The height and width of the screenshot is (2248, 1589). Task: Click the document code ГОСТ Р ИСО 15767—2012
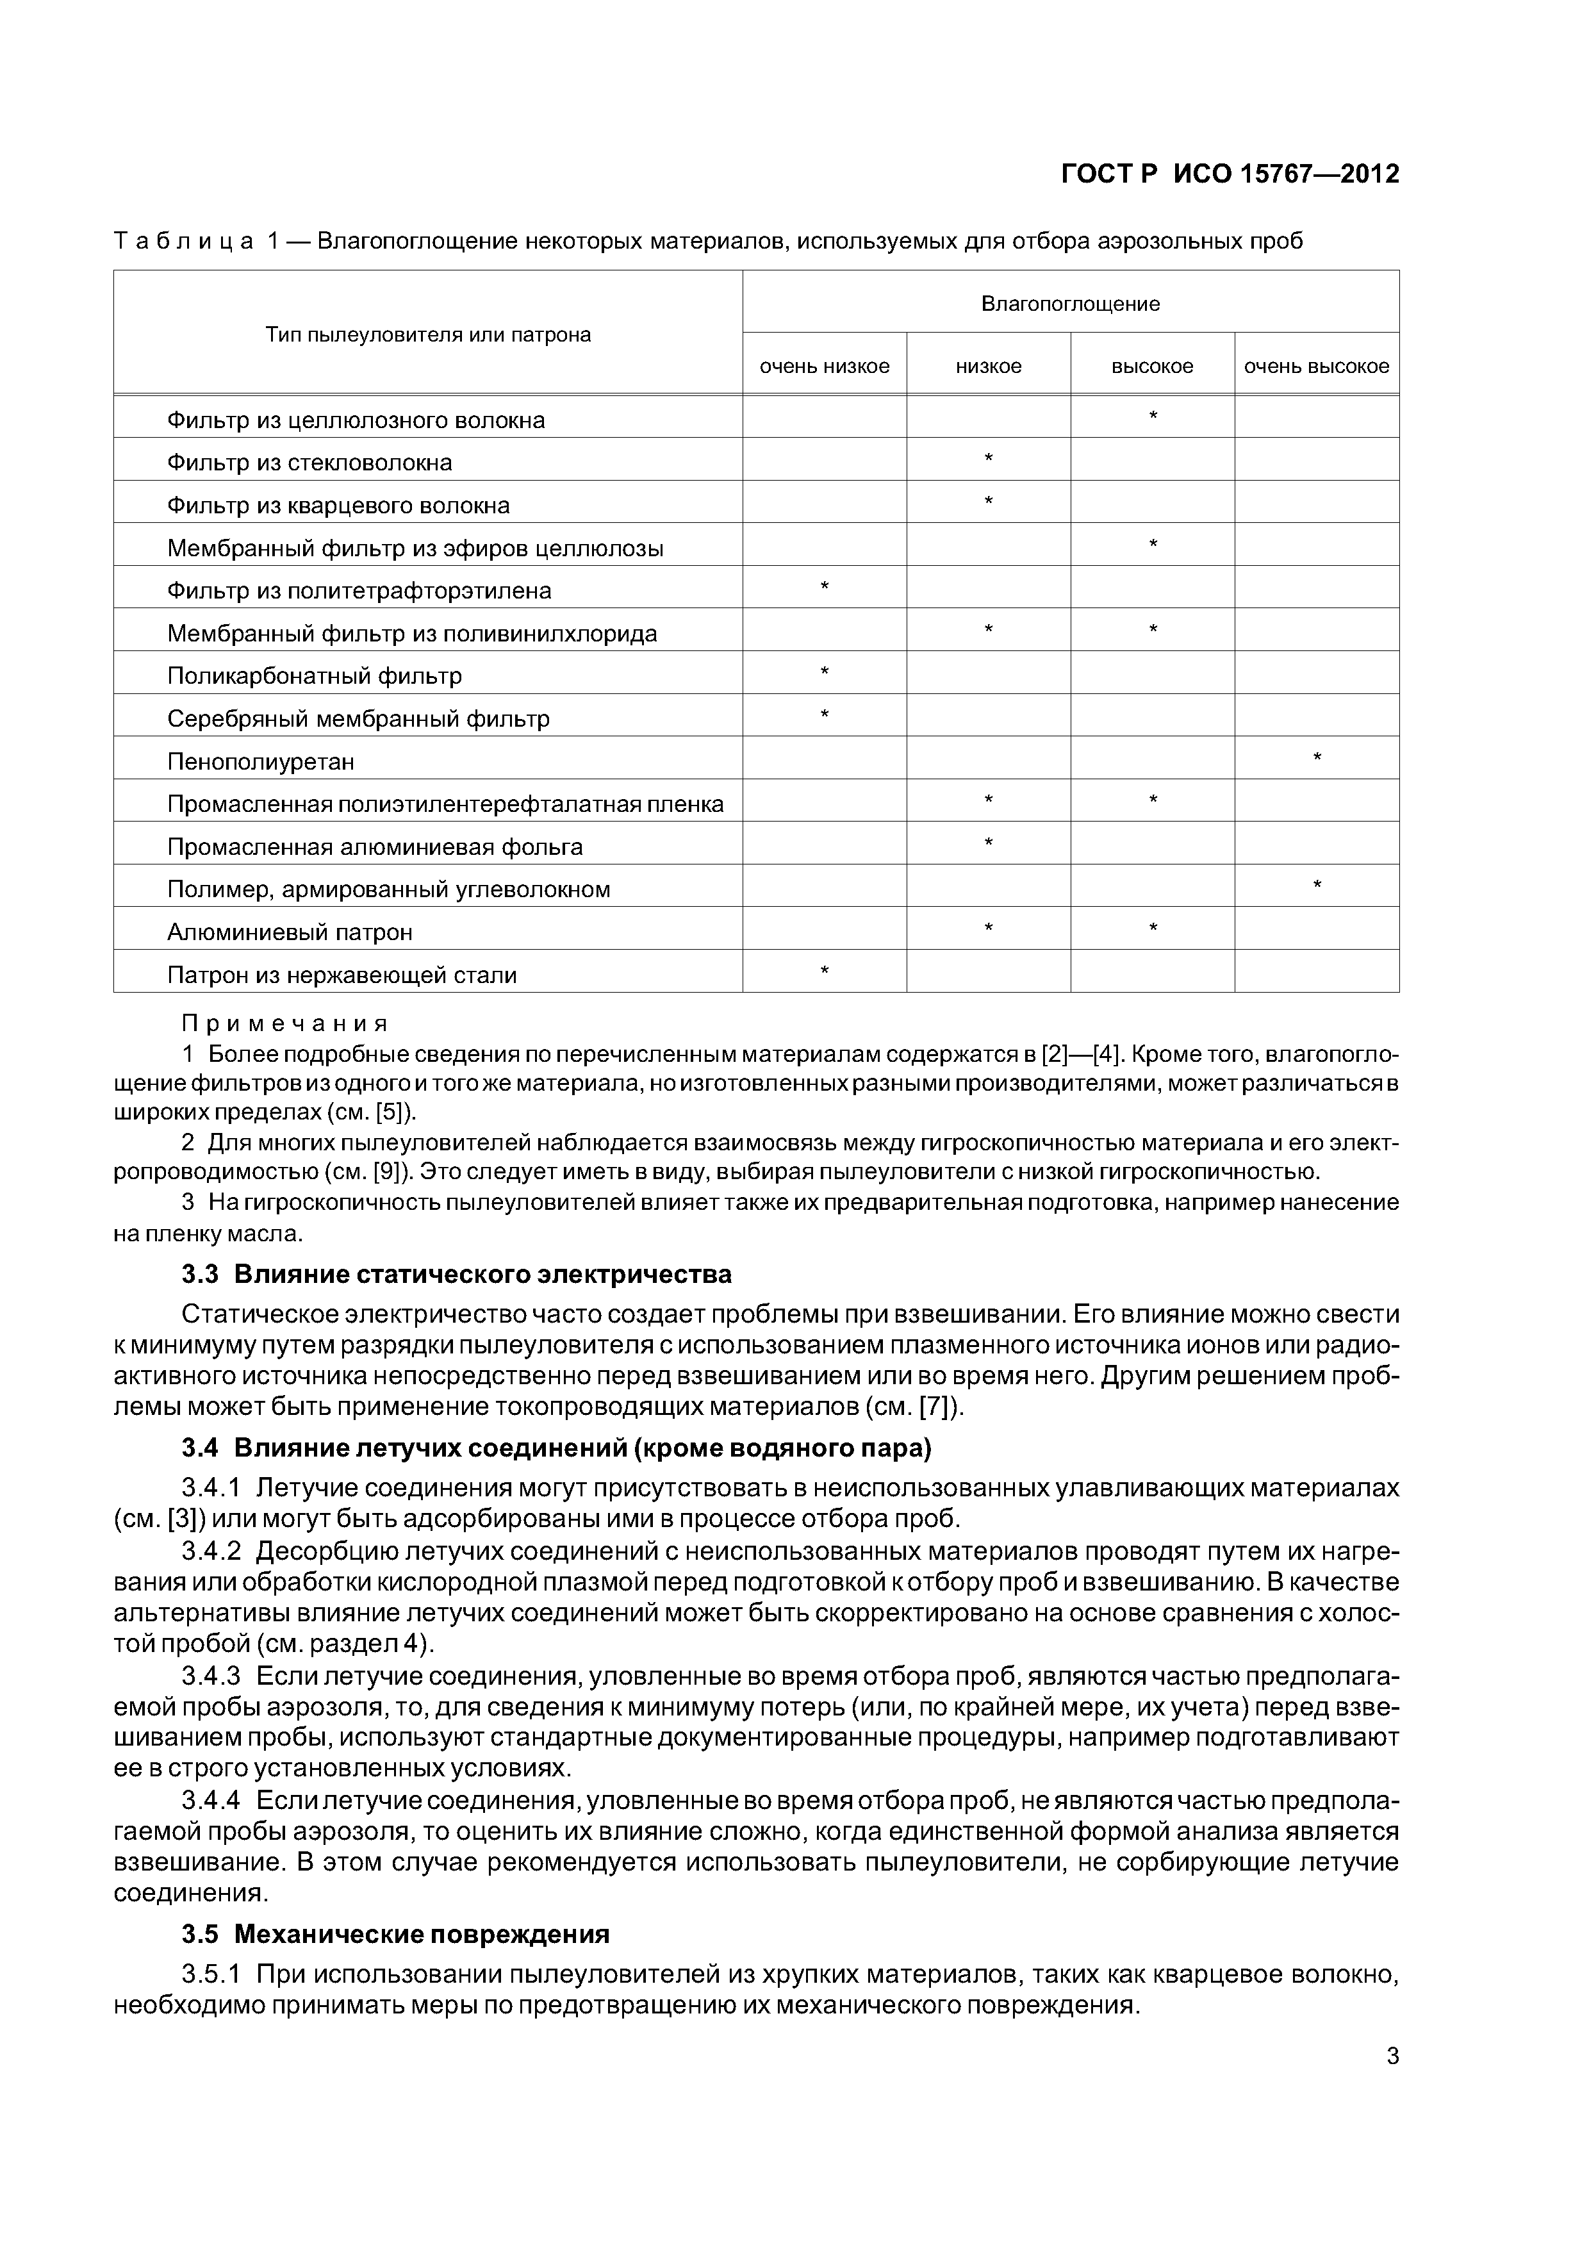pos(1230,174)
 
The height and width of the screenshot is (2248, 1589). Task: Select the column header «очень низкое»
pos(825,366)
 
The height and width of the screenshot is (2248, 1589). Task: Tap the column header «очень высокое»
pos(1316,366)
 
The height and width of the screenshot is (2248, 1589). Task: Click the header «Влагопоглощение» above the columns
pos(1070,304)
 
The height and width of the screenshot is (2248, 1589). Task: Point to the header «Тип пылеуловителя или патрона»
pos(428,335)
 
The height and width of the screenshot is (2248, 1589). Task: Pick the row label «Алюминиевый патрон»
pos(290,932)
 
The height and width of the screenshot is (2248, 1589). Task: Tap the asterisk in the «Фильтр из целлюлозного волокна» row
pos(1152,417)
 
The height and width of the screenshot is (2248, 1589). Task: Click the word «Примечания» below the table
pos(285,1024)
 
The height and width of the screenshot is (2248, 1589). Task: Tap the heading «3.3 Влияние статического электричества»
pos(456,1274)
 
